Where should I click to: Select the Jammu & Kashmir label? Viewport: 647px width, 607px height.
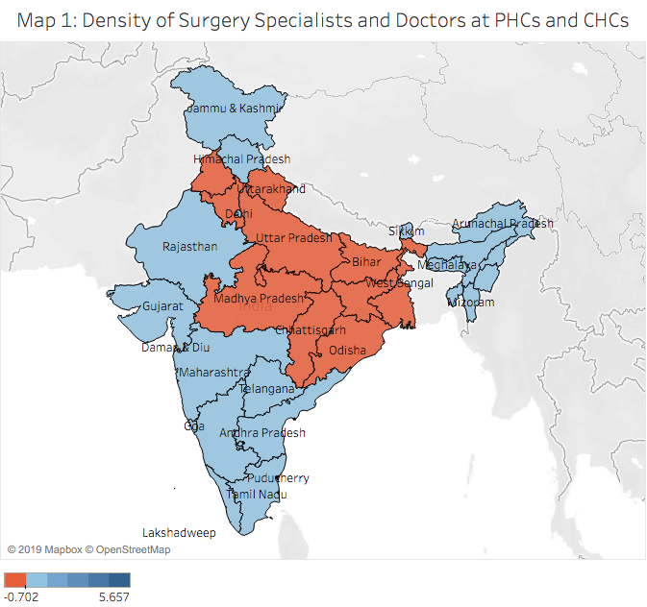coord(226,109)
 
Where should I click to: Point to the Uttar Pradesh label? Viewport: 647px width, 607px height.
coord(292,237)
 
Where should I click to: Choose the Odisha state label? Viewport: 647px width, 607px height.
coord(347,351)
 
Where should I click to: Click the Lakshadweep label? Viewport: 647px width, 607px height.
coord(179,532)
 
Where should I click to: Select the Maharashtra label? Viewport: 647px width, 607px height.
coord(212,370)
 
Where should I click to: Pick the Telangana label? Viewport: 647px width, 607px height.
coord(266,389)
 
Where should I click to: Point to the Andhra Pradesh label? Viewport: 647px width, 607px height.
coord(262,433)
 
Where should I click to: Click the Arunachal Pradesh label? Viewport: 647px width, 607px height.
coord(503,223)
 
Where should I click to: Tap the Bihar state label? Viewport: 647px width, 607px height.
coord(366,261)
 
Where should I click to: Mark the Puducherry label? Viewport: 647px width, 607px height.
coord(279,477)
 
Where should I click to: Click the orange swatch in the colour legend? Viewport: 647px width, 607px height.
coord(14,579)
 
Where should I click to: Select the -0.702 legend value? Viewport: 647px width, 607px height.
coord(23,596)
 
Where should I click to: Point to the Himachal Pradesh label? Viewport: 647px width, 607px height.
coord(241,158)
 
